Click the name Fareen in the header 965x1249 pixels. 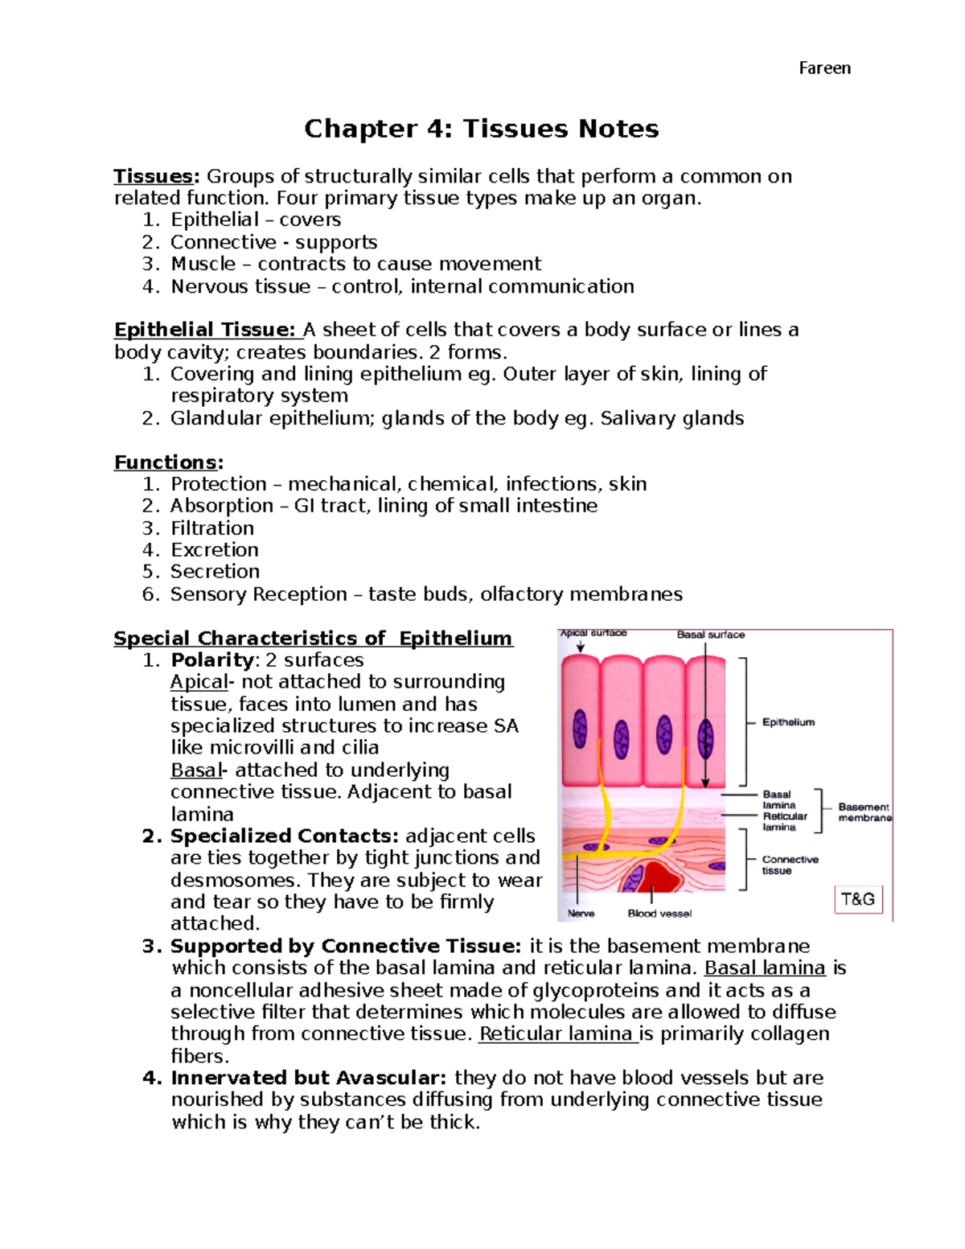(x=824, y=68)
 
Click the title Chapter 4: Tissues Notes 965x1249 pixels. (x=481, y=129)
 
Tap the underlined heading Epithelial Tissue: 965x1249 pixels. (x=207, y=330)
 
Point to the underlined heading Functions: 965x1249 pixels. (x=168, y=462)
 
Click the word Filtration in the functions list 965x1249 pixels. (x=212, y=528)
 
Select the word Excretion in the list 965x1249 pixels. (x=215, y=550)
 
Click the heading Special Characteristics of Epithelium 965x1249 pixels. (x=313, y=639)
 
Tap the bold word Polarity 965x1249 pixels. (x=212, y=660)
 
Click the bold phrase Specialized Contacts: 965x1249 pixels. (x=285, y=836)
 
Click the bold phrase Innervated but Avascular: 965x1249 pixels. (x=309, y=1078)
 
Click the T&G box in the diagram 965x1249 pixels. (x=858, y=899)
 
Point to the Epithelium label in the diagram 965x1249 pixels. (x=788, y=722)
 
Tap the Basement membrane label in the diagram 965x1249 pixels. (x=864, y=812)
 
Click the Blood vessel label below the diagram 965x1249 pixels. (x=659, y=914)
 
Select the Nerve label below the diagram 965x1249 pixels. (x=581, y=914)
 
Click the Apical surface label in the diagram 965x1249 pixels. (x=593, y=634)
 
